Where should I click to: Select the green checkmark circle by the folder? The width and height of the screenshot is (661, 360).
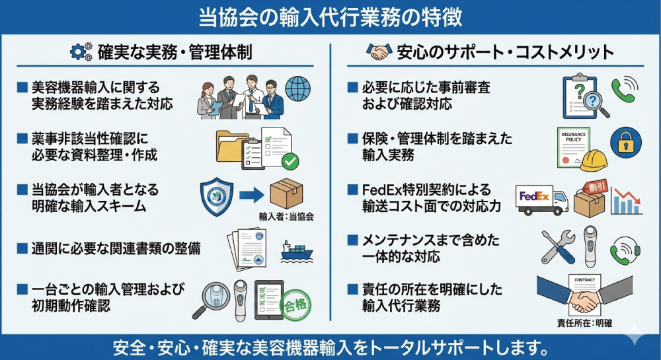(x=290, y=161)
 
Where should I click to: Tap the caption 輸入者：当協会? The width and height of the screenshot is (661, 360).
(x=286, y=216)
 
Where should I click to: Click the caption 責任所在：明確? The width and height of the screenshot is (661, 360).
(x=585, y=324)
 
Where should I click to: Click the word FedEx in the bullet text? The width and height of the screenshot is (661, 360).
(x=380, y=190)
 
